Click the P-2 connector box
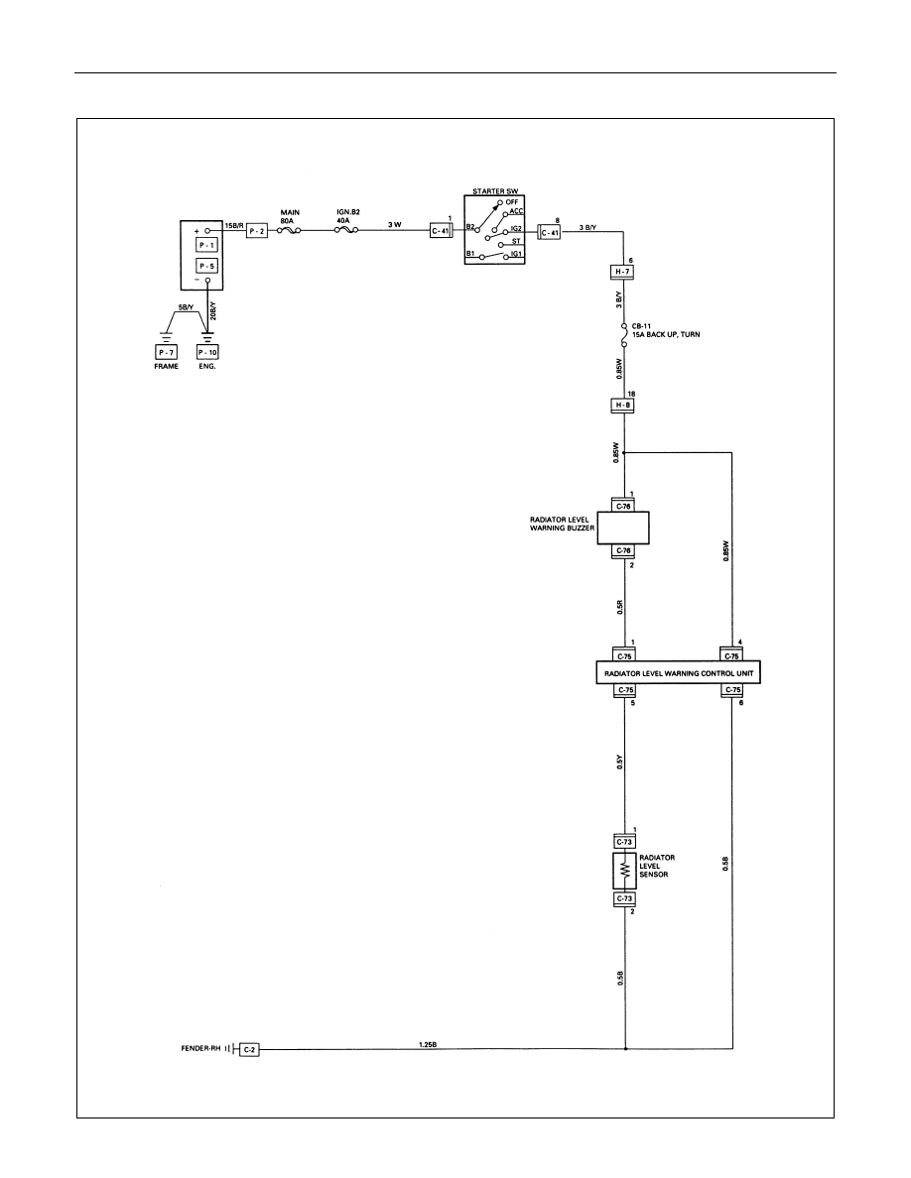point(257,231)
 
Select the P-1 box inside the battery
point(206,245)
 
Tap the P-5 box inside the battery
point(206,266)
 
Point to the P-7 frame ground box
point(166,352)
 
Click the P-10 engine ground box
point(207,352)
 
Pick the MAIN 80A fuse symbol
point(290,231)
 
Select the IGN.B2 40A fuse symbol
point(345,231)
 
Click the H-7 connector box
point(623,272)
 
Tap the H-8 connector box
point(623,406)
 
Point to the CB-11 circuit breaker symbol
point(624,335)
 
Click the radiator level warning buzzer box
point(623,529)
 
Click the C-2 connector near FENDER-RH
point(249,1049)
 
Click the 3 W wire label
point(395,225)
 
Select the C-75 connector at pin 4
point(732,655)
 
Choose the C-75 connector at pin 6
point(732,690)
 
